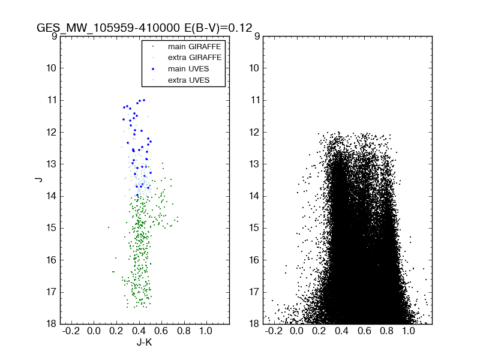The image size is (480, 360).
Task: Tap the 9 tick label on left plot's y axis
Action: coord(53,36)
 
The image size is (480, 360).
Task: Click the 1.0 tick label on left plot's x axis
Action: coord(206,331)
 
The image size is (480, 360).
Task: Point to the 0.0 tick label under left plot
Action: coord(94,331)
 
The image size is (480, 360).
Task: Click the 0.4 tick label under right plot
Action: coord(341,331)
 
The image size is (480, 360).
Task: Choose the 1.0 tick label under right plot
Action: coord(409,331)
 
